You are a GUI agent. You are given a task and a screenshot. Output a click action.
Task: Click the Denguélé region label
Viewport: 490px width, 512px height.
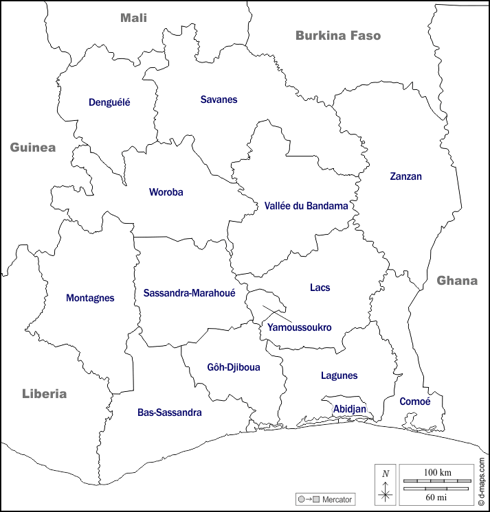pyautogui.click(x=109, y=102)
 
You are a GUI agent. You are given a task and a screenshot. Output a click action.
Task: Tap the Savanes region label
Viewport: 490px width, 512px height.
pyautogui.click(x=219, y=100)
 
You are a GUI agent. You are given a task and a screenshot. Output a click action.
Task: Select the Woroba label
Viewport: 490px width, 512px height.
pyautogui.click(x=166, y=192)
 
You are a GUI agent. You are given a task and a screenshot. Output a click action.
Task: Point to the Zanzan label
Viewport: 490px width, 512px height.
pyautogui.click(x=405, y=176)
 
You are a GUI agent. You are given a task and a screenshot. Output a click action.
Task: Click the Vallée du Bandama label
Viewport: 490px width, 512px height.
pyautogui.click(x=306, y=205)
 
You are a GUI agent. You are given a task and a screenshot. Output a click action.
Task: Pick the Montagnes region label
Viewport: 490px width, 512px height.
pyautogui.click(x=90, y=298)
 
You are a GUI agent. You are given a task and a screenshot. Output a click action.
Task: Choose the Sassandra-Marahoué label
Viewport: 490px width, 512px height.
pyautogui.click(x=190, y=293)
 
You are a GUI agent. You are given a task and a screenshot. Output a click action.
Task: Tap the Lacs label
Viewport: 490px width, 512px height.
pyautogui.click(x=320, y=288)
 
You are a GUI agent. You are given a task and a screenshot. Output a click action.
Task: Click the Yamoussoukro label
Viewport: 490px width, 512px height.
pyautogui.click(x=299, y=327)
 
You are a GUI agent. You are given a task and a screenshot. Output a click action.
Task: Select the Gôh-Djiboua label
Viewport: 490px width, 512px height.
pyautogui.click(x=234, y=367)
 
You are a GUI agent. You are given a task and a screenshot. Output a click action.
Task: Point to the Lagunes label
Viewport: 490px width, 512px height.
pyautogui.click(x=339, y=375)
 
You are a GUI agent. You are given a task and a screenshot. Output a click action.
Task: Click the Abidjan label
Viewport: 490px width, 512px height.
pyautogui.click(x=349, y=408)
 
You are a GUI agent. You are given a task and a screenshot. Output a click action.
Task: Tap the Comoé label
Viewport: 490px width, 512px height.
pyautogui.click(x=415, y=402)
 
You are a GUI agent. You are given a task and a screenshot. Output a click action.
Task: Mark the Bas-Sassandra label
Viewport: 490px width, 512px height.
pyautogui.click(x=169, y=412)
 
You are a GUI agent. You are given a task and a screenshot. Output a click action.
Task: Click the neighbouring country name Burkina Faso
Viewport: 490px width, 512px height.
pyautogui.click(x=338, y=35)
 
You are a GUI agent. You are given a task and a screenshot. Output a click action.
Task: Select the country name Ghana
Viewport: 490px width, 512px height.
pyautogui.click(x=457, y=280)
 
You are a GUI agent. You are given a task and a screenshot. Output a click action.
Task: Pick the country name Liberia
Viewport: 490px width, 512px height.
pyautogui.click(x=45, y=393)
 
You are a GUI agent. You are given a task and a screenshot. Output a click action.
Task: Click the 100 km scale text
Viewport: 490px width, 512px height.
pyautogui.click(x=437, y=473)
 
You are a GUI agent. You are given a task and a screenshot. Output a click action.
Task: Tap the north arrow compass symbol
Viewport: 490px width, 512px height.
pyautogui.click(x=386, y=484)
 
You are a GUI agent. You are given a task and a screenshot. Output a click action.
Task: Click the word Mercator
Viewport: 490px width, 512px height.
pyautogui.click(x=337, y=499)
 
